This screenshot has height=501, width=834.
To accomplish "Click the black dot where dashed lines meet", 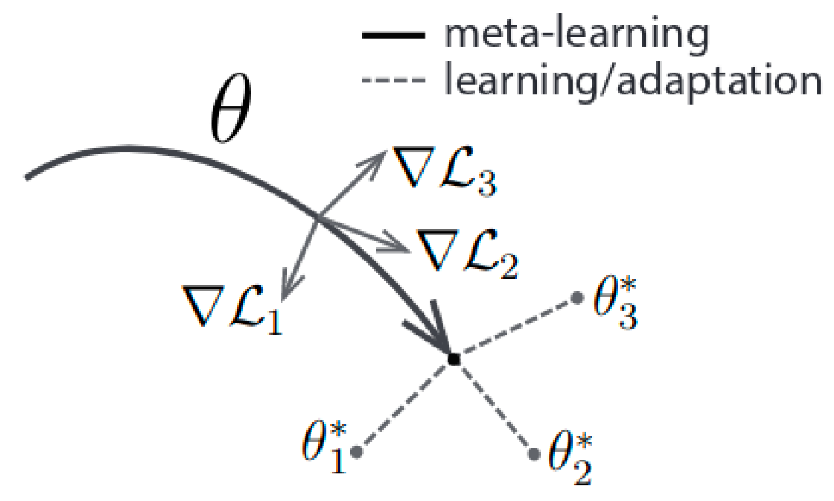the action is click(x=454, y=359).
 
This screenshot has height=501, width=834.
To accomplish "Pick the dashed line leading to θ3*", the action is click(x=517, y=328).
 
